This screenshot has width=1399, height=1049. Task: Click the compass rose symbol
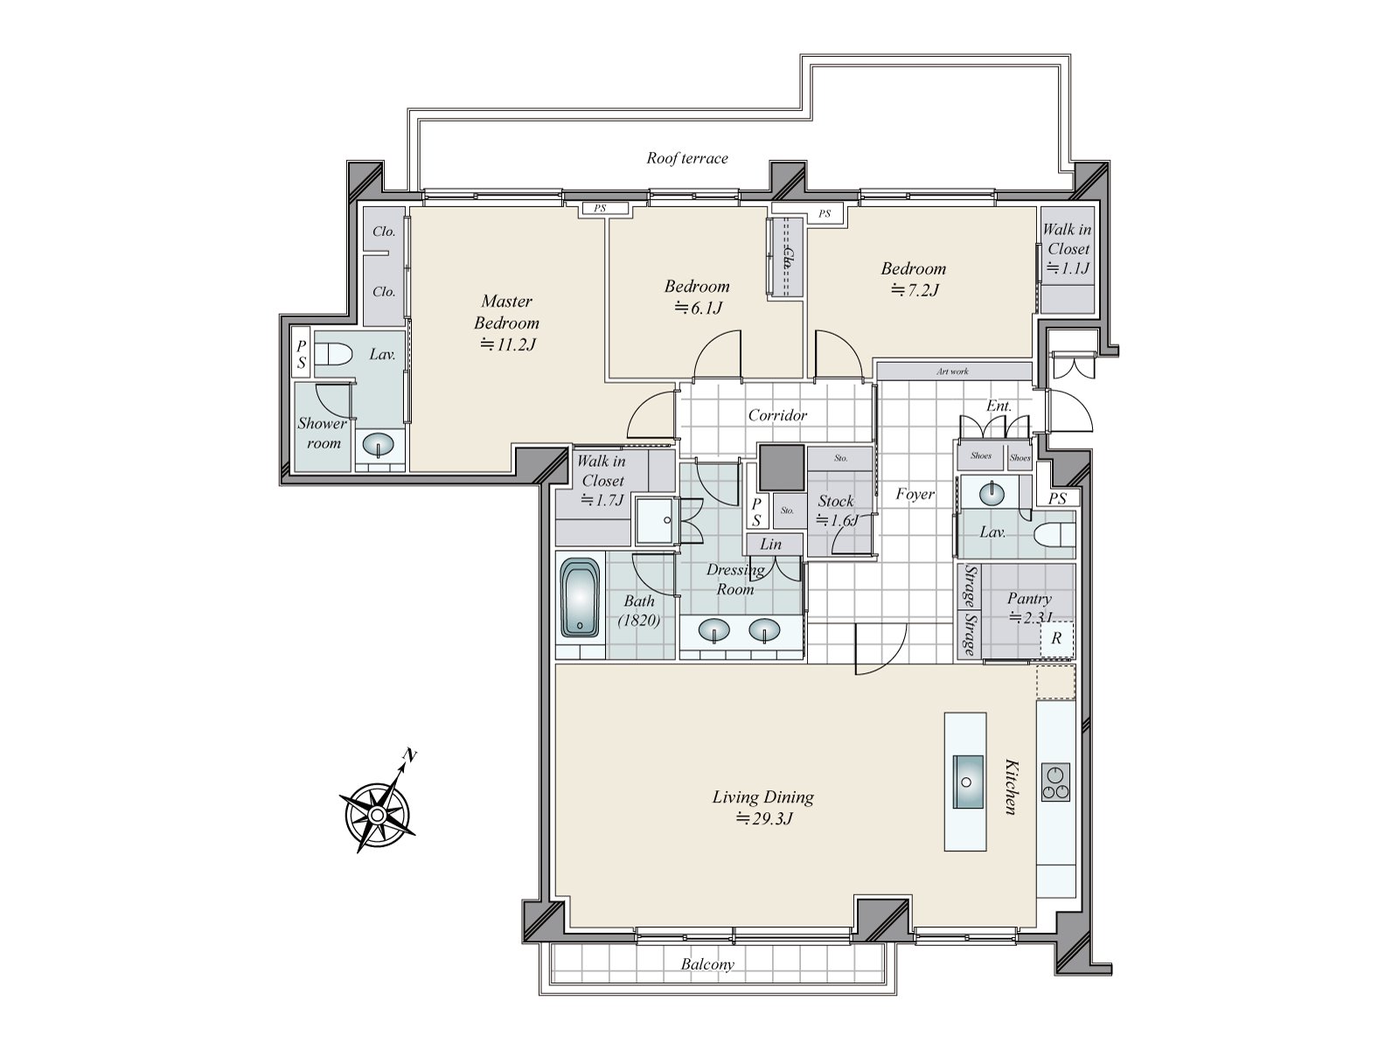point(376,813)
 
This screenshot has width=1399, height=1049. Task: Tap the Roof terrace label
point(687,158)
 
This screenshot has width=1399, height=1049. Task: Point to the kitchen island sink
point(965,781)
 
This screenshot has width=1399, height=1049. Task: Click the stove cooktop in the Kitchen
point(1055,782)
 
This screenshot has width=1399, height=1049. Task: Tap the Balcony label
point(708,965)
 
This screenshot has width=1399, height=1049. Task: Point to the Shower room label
point(322,433)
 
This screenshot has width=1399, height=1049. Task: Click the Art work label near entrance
point(952,372)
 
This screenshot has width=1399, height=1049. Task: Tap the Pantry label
point(1028,599)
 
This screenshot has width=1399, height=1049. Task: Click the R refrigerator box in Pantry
point(1056,639)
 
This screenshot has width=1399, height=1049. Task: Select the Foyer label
point(915,495)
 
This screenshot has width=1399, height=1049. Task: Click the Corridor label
point(776,415)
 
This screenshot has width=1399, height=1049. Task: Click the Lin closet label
point(770,544)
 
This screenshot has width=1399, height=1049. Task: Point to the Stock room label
point(835,502)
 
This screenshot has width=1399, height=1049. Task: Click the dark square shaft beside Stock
point(781,468)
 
